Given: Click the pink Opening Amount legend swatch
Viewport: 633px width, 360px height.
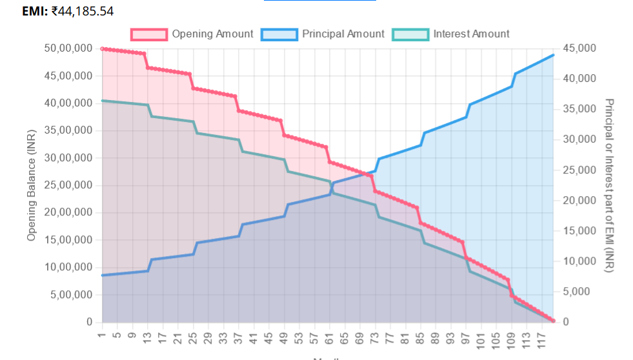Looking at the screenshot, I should [149, 34].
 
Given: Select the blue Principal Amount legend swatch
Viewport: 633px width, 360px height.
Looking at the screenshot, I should [279, 34].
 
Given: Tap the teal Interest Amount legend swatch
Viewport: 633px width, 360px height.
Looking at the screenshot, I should [410, 34].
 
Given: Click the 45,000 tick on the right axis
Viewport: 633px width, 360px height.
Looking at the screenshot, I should [579, 49].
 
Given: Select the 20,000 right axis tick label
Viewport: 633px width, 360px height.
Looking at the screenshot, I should [579, 201].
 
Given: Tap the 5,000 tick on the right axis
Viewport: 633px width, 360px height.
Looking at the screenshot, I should [576, 292].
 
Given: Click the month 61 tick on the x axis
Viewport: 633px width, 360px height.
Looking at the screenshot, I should [329, 337].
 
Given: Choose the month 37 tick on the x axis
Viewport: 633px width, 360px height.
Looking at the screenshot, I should [238, 337].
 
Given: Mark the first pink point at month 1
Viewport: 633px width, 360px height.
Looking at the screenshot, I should [102, 49].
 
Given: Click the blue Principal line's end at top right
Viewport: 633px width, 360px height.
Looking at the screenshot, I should [553, 55].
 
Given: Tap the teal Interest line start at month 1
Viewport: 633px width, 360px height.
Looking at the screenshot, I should [102, 101].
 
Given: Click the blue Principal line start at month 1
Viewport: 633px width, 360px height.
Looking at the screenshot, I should [102, 275].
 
